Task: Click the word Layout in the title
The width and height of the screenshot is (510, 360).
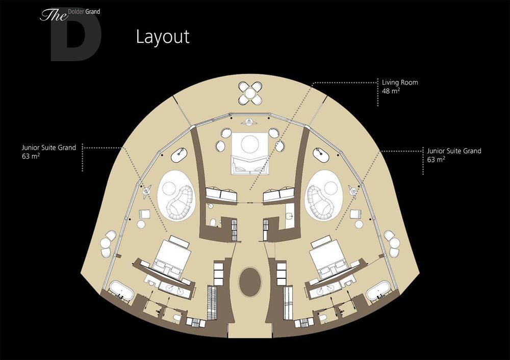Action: click(x=163, y=36)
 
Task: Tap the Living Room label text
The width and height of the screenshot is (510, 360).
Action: click(x=400, y=83)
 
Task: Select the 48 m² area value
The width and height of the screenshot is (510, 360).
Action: click(x=391, y=91)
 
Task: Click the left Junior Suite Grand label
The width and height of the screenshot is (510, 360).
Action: click(x=49, y=148)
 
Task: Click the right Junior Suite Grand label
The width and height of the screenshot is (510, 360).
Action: click(x=454, y=151)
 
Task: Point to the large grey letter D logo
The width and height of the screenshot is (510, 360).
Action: click(x=76, y=36)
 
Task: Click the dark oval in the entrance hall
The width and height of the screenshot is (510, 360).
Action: click(x=250, y=281)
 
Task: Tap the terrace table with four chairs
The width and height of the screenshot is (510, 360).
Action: click(x=250, y=93)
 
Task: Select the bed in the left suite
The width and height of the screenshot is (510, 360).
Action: click(x=171, y=258)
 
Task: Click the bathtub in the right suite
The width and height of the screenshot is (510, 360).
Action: click(x=378, y=291)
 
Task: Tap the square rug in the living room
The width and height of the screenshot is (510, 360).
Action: click(x=250, y=153)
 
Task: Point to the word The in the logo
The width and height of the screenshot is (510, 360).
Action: click(x=53, y=15)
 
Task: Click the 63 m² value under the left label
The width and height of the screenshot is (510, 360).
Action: click(x=31, y=156)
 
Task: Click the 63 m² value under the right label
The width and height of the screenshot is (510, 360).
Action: click(x=436, y=160)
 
